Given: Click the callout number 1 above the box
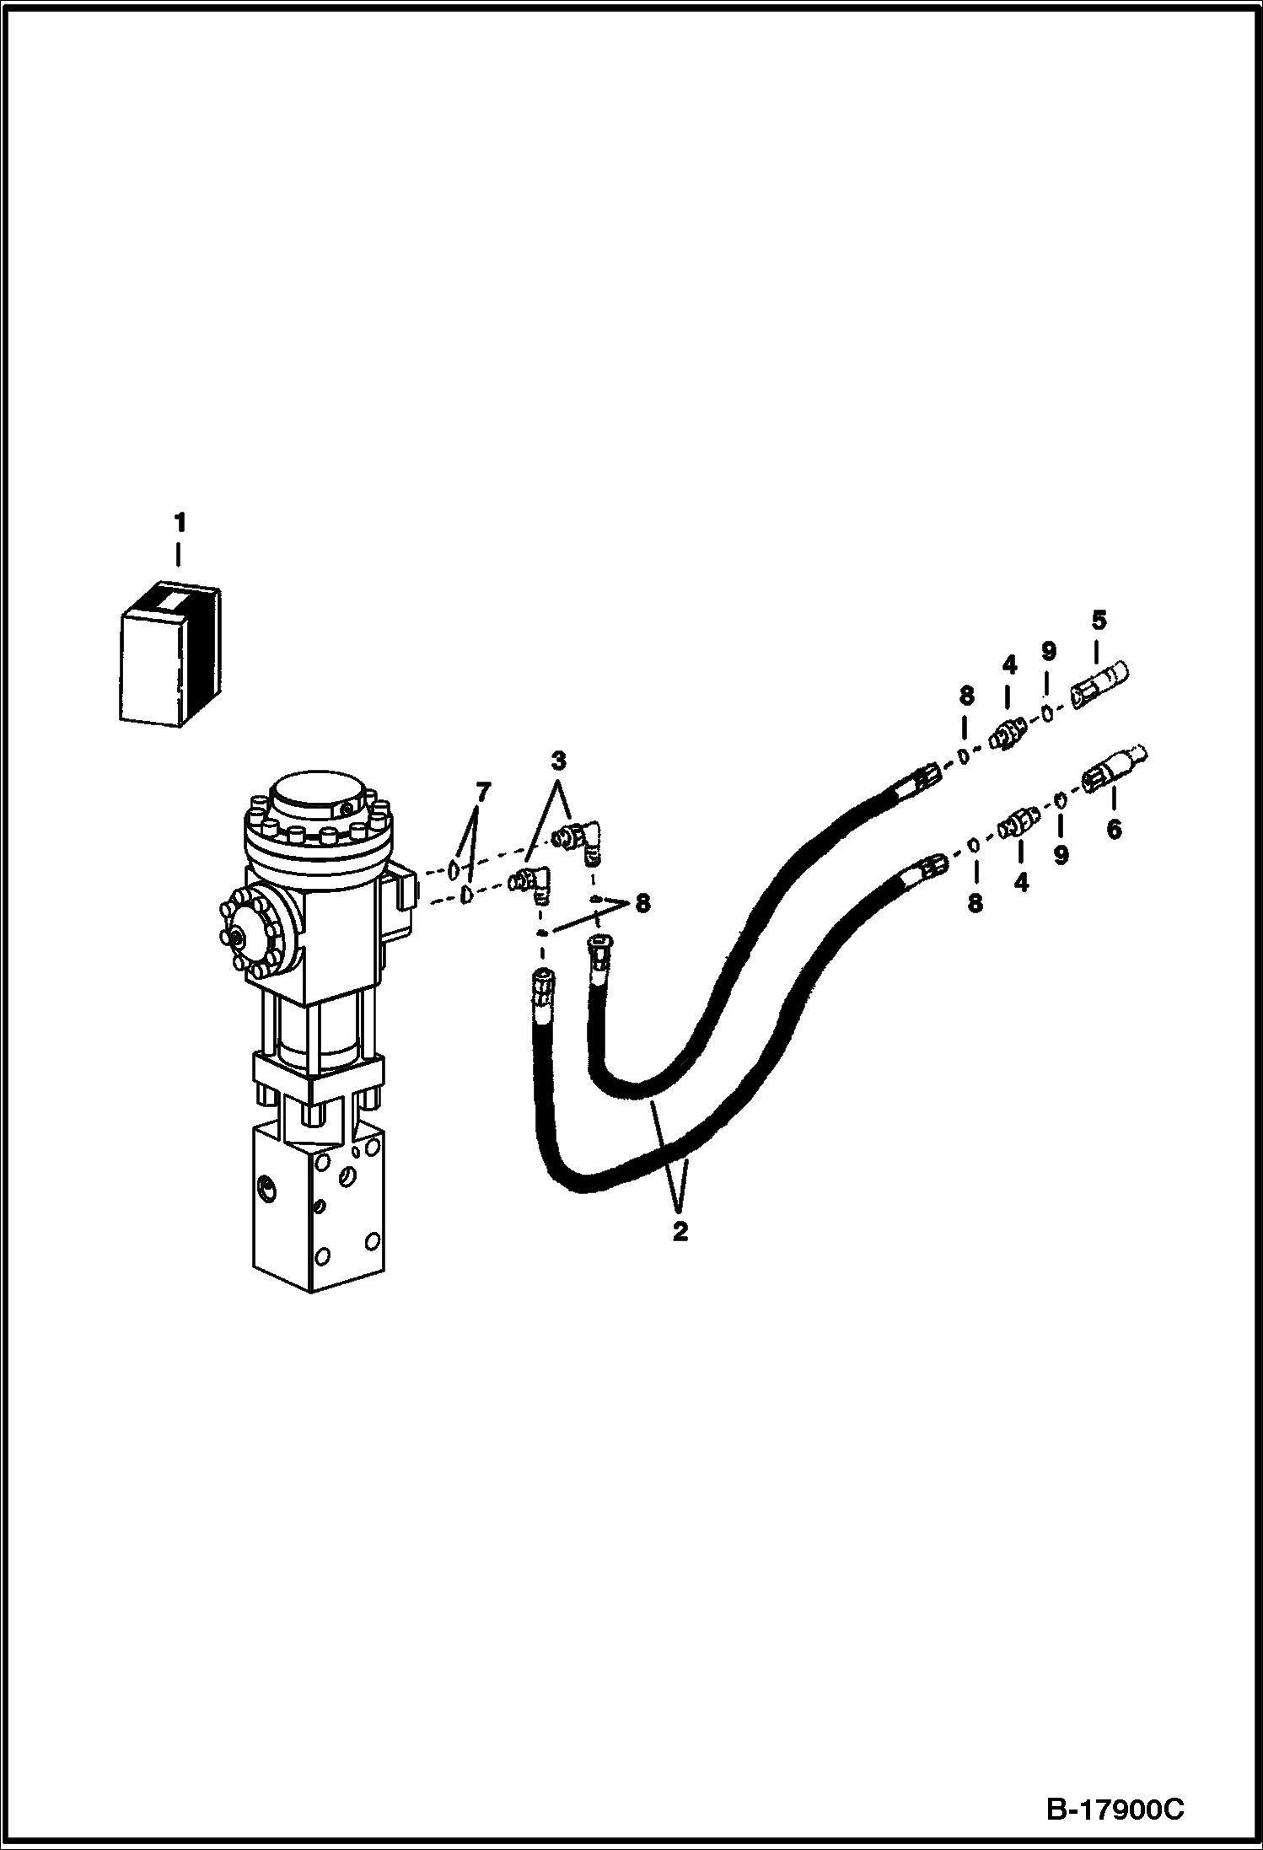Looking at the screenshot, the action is [x=179, y=523].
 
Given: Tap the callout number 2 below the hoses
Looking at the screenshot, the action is [x=680, y=1230].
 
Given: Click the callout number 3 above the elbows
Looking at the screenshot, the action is [x=558, y=761].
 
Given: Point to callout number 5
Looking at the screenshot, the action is [x=1098, y=621].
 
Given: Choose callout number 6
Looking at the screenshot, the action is [x=1114, y=830].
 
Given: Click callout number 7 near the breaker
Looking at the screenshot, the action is [x=482, y=792].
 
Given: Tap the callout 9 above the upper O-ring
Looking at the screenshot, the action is [x=1048, y=651].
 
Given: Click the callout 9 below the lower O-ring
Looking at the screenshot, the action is [x=1061, y=855].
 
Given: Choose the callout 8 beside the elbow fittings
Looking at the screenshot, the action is [x=642, y=904].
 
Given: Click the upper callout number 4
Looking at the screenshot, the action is [x=1009, y=665].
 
